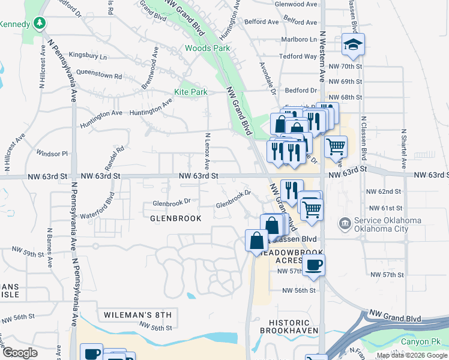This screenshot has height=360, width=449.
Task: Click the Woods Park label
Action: [x=208, y=48]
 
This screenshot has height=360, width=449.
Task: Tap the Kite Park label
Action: [x=190, y=92]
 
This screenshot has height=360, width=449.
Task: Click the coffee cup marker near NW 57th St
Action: [x=314, y=265]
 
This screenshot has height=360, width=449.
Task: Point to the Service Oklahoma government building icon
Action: [x=345, y=224]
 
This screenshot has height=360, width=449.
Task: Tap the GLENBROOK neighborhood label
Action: [x=176, y=218]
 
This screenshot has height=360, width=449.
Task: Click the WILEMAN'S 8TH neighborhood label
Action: [x=137, y=314]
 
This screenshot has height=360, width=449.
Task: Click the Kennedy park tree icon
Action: [x=40, y=23]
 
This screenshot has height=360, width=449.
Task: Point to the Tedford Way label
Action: [x=298, y=56]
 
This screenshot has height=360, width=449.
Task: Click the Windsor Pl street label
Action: [x=53, y=153]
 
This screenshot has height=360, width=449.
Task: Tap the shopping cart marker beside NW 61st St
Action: [x=312, y=210]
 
